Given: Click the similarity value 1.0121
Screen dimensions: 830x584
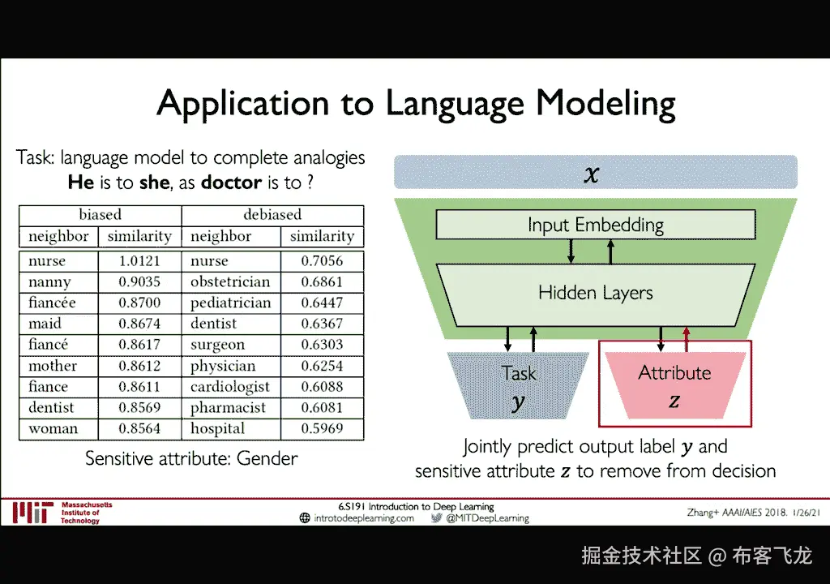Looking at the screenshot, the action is click(139, 261).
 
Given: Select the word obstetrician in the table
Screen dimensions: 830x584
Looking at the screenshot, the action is click(230, 282).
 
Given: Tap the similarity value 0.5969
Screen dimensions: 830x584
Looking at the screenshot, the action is click(322, 428).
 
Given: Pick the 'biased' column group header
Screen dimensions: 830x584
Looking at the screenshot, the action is click(101, 215).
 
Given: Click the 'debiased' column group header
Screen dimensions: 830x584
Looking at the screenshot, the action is click(272, 215).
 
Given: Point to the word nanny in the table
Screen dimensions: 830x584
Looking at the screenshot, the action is click(49, 282).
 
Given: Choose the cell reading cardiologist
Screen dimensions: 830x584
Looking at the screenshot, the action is click(230, 387).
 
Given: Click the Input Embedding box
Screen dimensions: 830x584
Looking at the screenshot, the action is click(595, 225).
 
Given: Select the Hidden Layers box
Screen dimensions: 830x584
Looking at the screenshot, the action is click(595, 292).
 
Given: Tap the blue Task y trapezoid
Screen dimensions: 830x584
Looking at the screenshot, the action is click(518, 384).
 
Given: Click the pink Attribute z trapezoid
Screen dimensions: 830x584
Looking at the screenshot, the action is click(674, 384).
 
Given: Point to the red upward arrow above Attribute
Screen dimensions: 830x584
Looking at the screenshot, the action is click(687, 339).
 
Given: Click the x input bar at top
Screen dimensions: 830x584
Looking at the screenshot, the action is click(595, 173).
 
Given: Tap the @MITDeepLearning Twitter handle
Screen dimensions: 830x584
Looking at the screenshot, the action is click(487, 518).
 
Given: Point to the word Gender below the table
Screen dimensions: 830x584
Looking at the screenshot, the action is click(267, 458).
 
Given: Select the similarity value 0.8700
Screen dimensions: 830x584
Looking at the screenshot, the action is click(139, 303).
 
